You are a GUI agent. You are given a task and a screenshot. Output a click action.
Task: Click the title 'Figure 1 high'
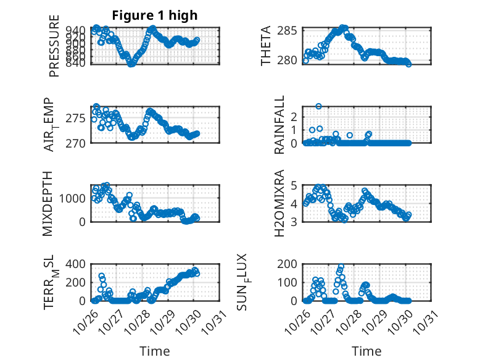[x=155, y=15]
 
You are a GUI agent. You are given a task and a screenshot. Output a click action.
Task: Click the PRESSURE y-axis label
[x=54, y=51]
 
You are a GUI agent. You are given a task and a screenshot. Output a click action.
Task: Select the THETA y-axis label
[x=266, y=46]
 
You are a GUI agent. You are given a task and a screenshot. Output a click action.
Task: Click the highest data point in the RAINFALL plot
[x=319, y=106]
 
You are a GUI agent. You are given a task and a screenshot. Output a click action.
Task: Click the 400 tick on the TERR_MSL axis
[x=78, y=264]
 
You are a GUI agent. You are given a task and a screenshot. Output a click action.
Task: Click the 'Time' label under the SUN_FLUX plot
[x=366, y=351]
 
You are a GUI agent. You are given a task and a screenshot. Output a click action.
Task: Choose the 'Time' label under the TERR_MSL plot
[x=154, y=351]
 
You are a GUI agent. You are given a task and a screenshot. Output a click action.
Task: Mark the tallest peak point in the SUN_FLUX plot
[x=341, y=267]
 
